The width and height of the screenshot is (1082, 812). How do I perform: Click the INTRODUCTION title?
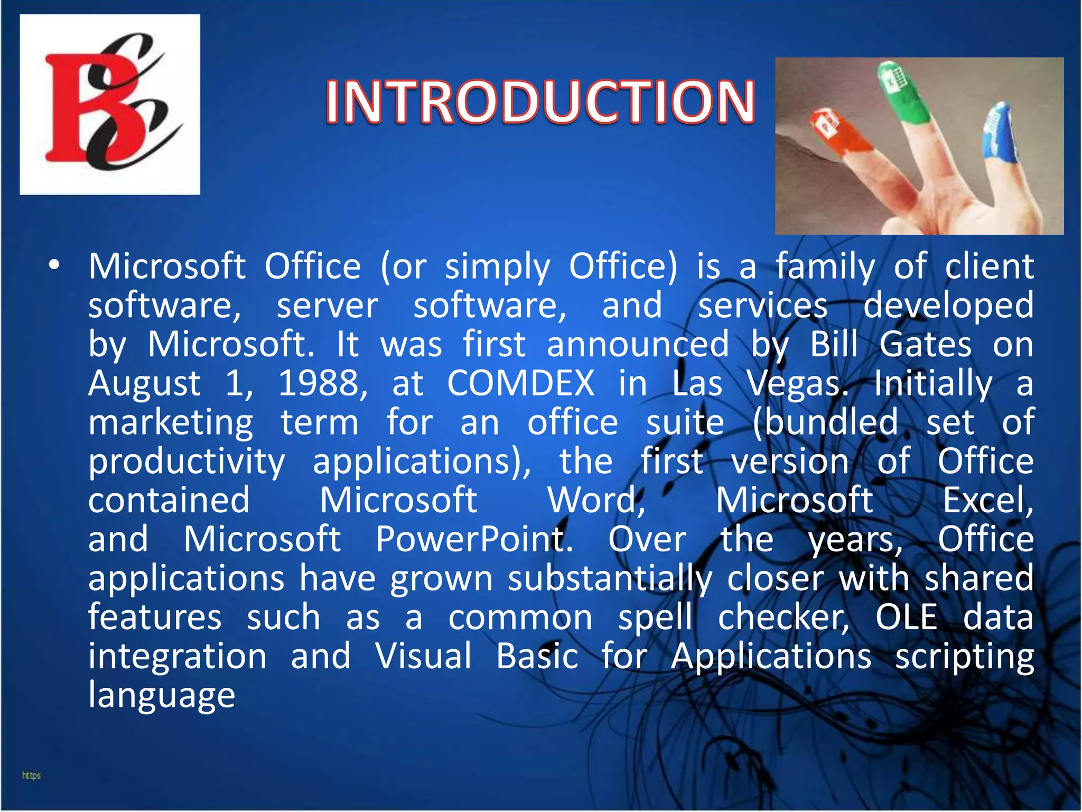click(x=540, y=101)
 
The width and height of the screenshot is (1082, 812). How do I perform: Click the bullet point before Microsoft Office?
click(x=54, y=266)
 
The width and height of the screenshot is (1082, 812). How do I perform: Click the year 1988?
click(x=322, y=383)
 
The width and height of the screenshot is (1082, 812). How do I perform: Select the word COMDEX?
click(x=521, y=383)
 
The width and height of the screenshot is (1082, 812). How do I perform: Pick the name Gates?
click(x=925, y=345)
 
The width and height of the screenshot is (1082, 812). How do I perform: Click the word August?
click(x=144, y=383)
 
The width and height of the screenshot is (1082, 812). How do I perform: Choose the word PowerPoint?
click(x=474, y=539)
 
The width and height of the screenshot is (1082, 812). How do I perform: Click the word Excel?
click(x=988, y=500)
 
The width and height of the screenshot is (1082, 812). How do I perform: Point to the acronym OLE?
click(x=907, y=617)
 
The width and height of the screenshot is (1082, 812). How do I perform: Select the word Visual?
click(x=423, y=656)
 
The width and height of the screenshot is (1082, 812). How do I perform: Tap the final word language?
click(x=162, y=695)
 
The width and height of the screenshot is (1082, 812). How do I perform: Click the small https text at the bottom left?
click(x=31, y=776)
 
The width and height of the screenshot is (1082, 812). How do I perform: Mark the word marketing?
click(x=171, y=422)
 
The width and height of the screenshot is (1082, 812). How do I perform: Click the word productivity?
click(x=186, y=462)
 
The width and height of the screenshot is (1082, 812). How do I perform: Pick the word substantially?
click(x=610, y=578)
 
